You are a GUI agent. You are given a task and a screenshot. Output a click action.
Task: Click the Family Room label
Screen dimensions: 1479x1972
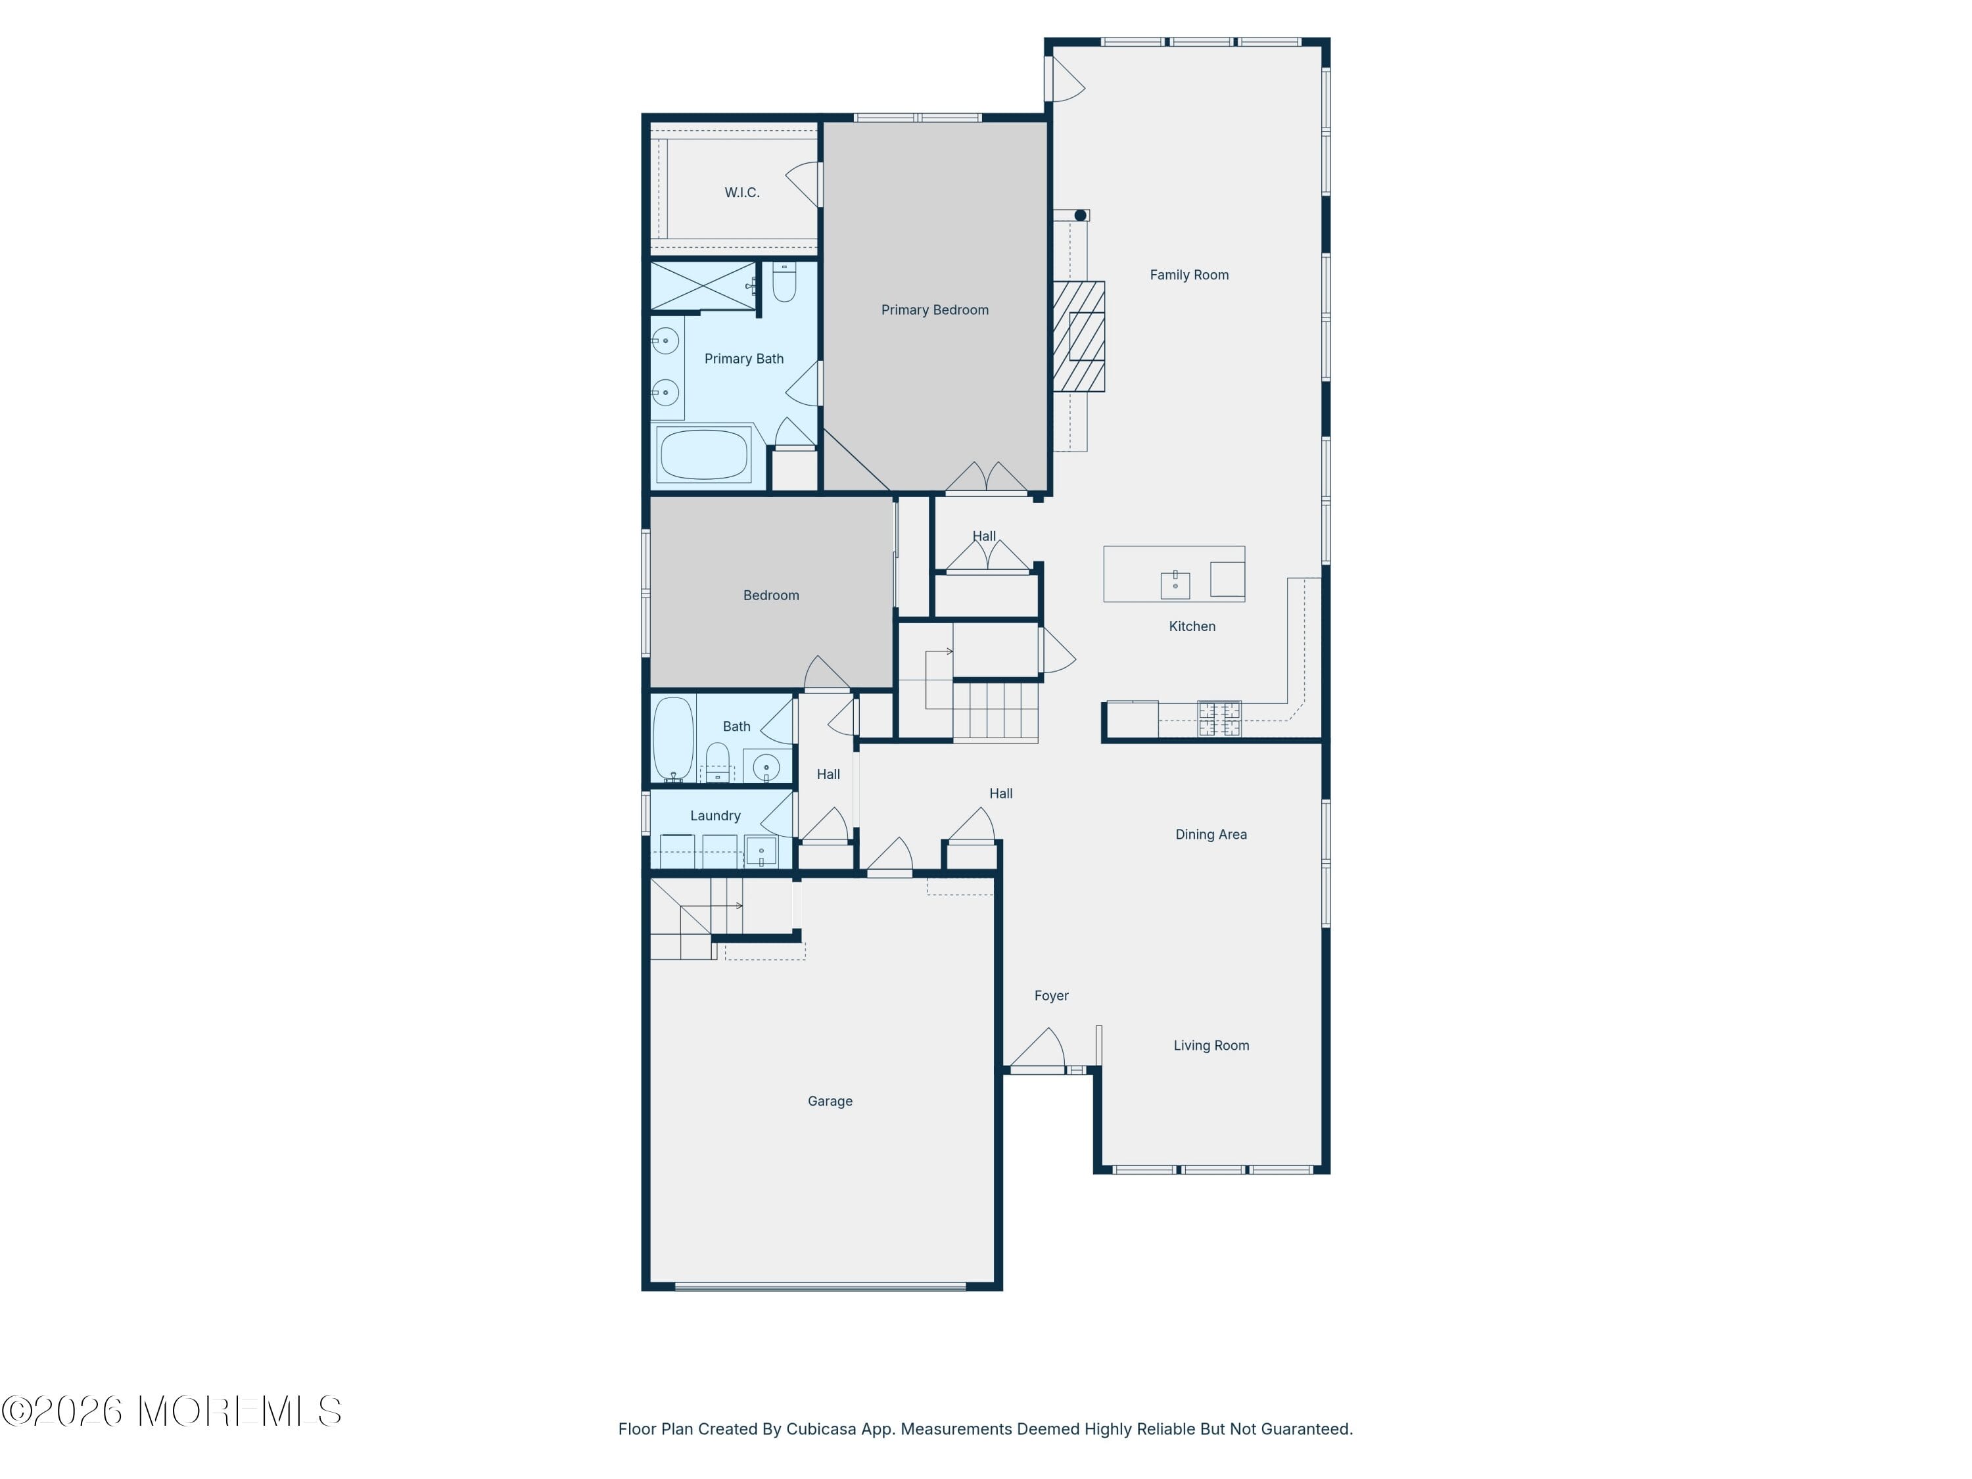coord(1188,275)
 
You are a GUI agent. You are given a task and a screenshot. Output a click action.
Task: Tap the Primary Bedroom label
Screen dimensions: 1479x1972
coord(934,310)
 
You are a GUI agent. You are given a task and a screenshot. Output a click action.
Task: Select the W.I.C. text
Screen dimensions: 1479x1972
coord(741,192)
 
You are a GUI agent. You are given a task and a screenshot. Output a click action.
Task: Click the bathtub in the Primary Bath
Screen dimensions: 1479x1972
coord(703,455)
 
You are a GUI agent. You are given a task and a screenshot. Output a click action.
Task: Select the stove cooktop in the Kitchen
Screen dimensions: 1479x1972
coord(1219,718)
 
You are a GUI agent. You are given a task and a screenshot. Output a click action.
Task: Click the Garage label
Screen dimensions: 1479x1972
coord(829,1101)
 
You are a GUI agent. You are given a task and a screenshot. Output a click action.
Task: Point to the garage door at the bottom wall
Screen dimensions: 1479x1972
coord(820,1286)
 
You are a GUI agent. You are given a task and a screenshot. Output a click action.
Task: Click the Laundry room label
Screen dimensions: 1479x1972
coord(715,815)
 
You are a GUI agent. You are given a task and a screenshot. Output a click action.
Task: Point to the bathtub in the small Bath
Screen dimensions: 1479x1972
coord(673,738)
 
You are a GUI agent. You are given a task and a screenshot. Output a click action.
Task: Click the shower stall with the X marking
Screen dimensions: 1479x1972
coord(703,285)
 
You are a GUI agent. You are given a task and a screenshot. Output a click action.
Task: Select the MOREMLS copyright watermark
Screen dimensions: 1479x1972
coord(171,1411)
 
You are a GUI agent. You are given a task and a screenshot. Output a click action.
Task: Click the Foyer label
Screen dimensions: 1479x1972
coord(1051,995)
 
